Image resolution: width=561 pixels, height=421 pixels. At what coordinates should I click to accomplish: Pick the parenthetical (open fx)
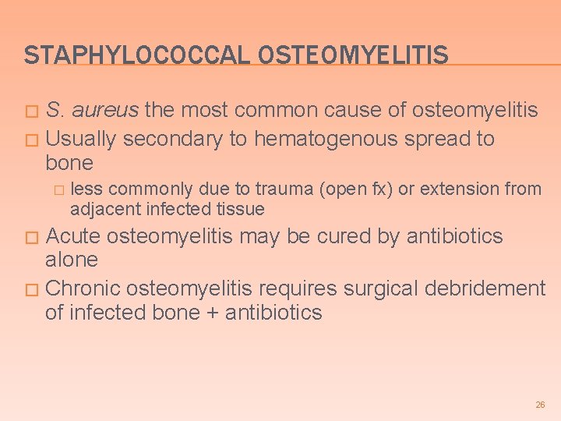click(x=352, y=189)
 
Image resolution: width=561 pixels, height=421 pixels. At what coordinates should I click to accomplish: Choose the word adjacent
click(x=98, y=209)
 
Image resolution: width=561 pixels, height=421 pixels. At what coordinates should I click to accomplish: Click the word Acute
click(x=73, y=236)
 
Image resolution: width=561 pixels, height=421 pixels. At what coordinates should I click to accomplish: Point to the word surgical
click(x=380, y=288)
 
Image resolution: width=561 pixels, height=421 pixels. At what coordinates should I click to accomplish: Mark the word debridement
click(x=485, y=288)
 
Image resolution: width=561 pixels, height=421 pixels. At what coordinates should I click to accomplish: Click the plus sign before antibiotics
click(x=212, y=313)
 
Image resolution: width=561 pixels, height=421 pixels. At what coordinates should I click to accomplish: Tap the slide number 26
click(x=540, y=405)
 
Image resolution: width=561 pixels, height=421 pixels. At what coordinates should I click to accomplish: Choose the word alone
click(x=72, y=260)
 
